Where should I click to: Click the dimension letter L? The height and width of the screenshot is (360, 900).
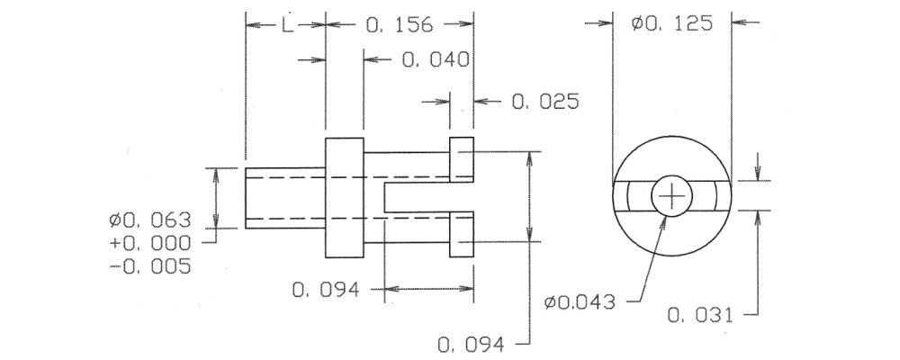288,24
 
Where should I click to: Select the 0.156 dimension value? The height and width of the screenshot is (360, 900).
399,24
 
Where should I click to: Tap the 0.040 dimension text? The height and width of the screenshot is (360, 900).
436,59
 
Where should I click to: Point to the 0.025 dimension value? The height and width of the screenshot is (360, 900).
545,102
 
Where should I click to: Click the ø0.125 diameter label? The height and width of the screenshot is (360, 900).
671,23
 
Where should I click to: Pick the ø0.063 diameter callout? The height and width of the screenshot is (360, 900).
149,220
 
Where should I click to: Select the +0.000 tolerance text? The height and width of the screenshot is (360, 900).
149,243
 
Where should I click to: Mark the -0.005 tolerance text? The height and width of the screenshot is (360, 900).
149,267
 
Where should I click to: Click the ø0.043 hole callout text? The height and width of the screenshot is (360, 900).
580,301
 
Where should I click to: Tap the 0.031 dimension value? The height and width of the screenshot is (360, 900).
701,315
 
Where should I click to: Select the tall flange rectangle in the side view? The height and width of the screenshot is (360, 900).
345,197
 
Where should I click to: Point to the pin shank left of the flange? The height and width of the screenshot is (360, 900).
285,198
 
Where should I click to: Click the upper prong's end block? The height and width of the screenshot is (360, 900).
462,159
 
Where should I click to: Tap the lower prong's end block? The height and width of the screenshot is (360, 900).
462,234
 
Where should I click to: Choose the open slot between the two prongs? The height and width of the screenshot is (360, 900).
428,197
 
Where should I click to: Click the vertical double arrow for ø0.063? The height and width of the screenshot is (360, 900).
216,198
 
